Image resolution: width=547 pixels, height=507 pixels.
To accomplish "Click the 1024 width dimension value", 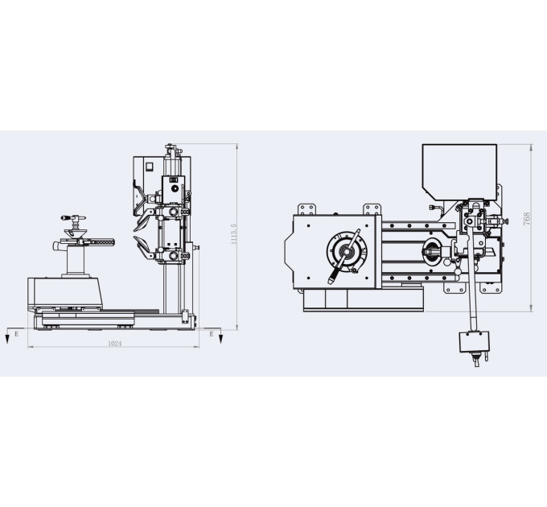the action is tap(114, 344).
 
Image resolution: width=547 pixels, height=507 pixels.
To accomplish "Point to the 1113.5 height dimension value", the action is tap(234, 234).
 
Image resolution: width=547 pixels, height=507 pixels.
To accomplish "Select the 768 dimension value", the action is tap(527, 218).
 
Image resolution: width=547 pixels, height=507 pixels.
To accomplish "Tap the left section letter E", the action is tap(16, 334).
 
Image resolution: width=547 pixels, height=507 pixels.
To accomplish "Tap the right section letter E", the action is tap(211, 334).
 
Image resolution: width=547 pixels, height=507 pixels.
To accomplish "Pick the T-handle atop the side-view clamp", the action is tap(73, 218).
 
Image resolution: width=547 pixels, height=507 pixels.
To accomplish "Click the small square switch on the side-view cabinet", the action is tap(149, 167).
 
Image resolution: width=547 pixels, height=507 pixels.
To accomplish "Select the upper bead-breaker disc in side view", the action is tap(142, 223).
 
